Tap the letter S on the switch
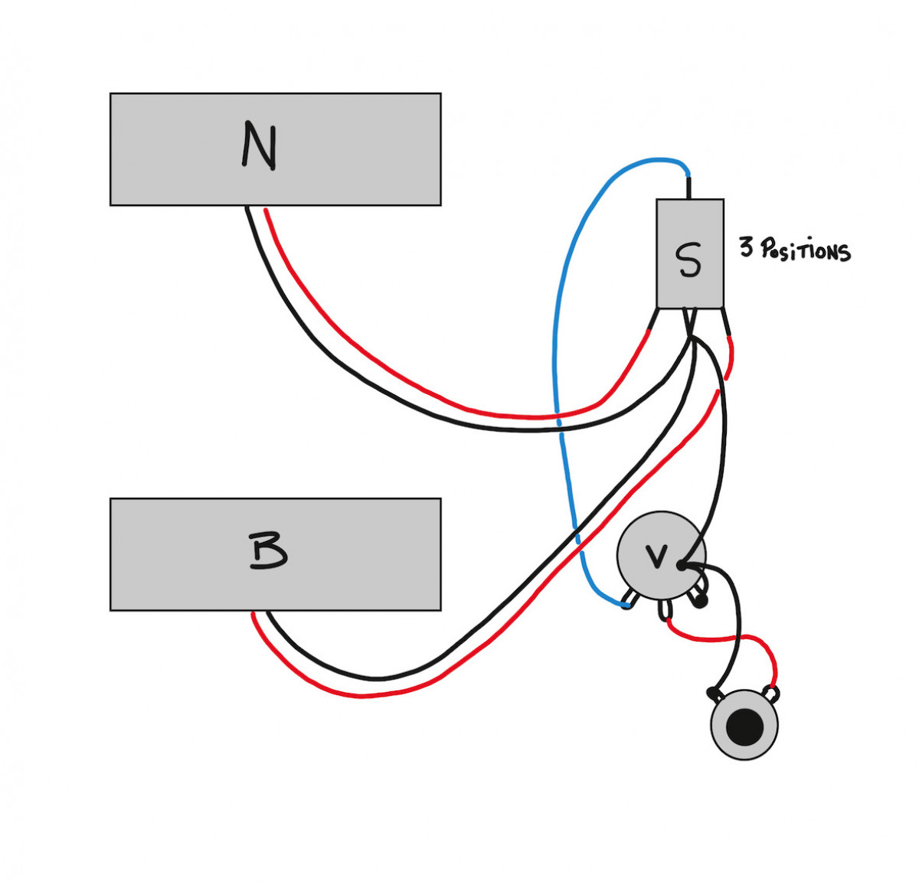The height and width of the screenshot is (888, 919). click(x=689, y=260)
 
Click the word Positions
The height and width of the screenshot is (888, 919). click(x=805, y=250)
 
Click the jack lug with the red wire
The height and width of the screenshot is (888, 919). click(x=772, y=694)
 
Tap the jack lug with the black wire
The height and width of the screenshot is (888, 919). click(x=715, y=694)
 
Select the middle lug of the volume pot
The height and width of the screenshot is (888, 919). click(x=664, y=610)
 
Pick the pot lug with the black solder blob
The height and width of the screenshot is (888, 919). click(x=698, y=599)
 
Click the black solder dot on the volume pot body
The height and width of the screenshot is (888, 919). click(x=681, y=566)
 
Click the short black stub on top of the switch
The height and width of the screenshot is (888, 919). click(x=688, y=188)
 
